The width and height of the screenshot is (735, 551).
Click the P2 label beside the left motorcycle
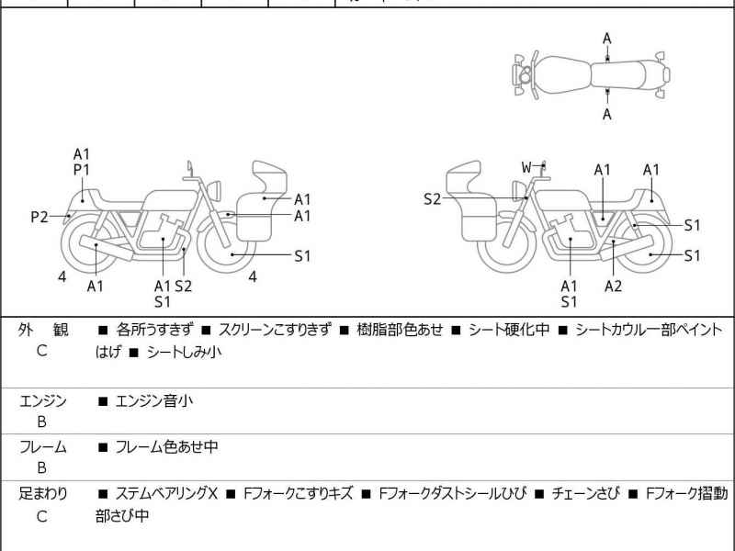coord(39,218)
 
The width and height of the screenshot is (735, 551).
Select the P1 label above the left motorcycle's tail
coord(82,170)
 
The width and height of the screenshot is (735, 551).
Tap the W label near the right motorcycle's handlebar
coord(526,167)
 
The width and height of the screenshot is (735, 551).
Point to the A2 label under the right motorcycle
coord(613,286)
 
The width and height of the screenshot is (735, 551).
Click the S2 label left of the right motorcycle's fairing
coord(433,199)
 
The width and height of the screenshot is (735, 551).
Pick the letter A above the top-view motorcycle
coord(606,38)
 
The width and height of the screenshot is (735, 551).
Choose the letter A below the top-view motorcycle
coord(606,114)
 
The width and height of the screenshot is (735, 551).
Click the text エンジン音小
coord(153,400)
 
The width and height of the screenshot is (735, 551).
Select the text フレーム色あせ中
coord(166,447)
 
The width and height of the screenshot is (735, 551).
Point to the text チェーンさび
coord(584,493)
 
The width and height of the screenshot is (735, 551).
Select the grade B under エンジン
coord(41,422)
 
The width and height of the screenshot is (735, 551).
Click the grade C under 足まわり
coord(41,515)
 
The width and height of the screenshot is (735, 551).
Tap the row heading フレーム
coord(42,447)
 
